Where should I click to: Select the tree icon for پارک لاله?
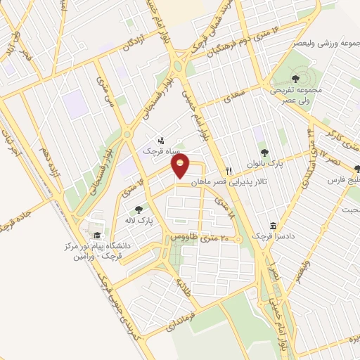[x=138, y=209]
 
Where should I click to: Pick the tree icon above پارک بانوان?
[x=264, y=152]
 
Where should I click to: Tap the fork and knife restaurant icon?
[x=229, y=171]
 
